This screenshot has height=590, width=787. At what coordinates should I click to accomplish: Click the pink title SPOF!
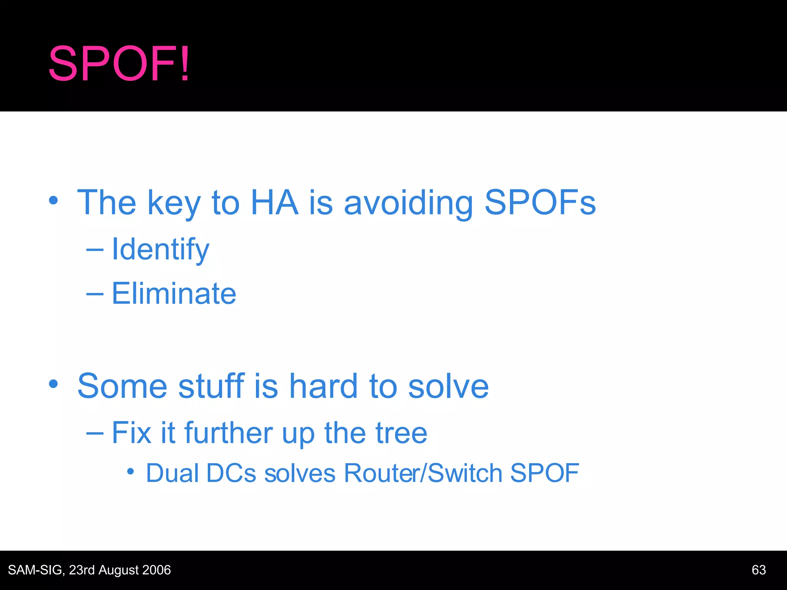119,64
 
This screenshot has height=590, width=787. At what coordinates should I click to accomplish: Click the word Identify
160,250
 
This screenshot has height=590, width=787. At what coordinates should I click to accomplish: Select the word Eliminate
174,294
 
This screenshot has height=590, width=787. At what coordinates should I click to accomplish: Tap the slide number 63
759,570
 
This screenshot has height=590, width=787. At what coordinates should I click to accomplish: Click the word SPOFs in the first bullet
540,202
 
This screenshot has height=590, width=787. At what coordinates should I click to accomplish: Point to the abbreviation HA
274,202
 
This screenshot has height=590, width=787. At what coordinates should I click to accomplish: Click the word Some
122,386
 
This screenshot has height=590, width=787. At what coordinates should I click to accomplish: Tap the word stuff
211,386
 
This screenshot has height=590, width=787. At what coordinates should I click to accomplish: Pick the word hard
324,386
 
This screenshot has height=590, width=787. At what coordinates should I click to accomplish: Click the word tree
401,433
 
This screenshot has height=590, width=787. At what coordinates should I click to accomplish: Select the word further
229,433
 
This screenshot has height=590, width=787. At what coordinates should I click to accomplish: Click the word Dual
172,473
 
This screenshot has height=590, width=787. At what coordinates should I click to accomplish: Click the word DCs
231,473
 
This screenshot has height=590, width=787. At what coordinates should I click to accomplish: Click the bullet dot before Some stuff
53,384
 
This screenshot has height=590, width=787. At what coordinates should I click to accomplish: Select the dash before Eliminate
95,294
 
